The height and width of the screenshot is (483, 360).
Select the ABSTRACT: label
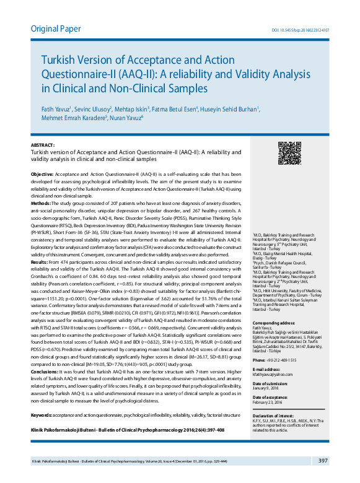click(43, 144)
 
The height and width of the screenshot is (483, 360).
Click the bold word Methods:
click(41, 203)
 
